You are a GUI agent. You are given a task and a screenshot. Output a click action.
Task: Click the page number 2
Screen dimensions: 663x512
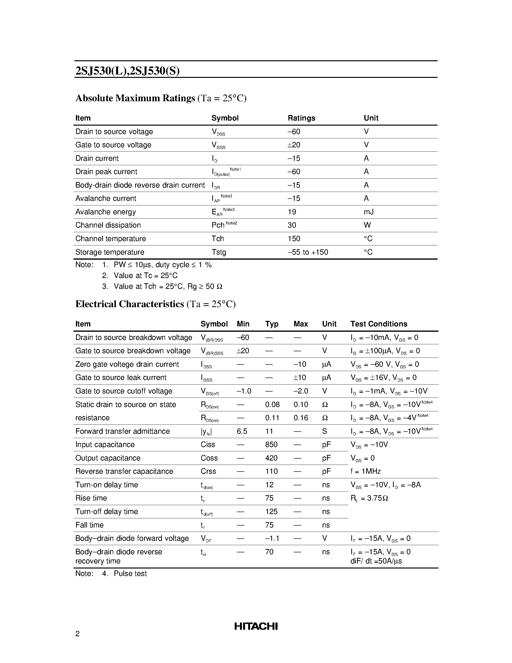pos(77,634)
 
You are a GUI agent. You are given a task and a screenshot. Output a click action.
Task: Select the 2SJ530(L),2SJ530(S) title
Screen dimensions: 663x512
pos(127,71)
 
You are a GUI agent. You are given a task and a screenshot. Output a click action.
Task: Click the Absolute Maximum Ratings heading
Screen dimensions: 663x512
pos(135,98)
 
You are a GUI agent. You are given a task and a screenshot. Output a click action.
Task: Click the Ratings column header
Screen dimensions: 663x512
pos(301,118)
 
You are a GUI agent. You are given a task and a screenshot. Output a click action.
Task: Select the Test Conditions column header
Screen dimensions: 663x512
pos(379,324)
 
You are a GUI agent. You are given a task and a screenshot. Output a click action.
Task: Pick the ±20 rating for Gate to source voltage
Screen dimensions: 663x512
pos(294,145)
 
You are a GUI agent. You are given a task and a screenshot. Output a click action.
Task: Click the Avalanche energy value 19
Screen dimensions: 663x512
pos(292,212)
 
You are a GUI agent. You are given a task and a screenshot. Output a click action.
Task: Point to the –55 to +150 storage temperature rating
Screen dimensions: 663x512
pos(308,252)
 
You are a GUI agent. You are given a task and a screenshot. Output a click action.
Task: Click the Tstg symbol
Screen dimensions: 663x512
pos(219,252)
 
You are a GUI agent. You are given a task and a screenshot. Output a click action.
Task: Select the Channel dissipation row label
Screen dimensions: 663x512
pos(108,225)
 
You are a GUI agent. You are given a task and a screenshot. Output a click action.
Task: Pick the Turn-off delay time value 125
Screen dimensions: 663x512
pos(271,512)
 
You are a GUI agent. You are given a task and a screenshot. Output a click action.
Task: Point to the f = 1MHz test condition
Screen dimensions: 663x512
pos(365,471)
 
